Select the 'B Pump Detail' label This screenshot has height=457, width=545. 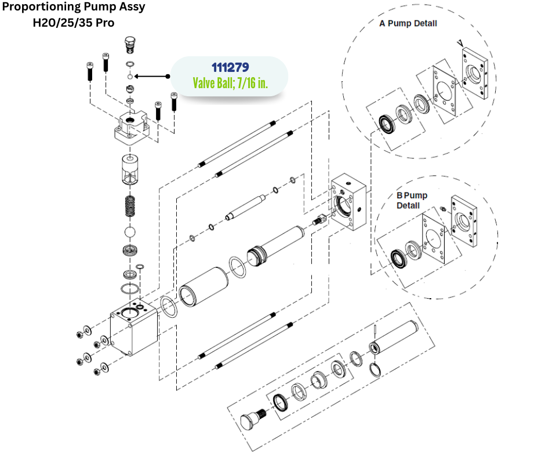point(412,201)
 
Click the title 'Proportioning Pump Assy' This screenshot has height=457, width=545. point(74,8)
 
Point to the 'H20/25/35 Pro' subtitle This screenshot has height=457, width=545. point(74,23)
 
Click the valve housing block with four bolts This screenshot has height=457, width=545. point(136,127)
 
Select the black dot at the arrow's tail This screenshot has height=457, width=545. point(168,76)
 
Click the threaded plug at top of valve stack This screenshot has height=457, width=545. point(130,44)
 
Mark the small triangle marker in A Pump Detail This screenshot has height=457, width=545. point(460,42)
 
